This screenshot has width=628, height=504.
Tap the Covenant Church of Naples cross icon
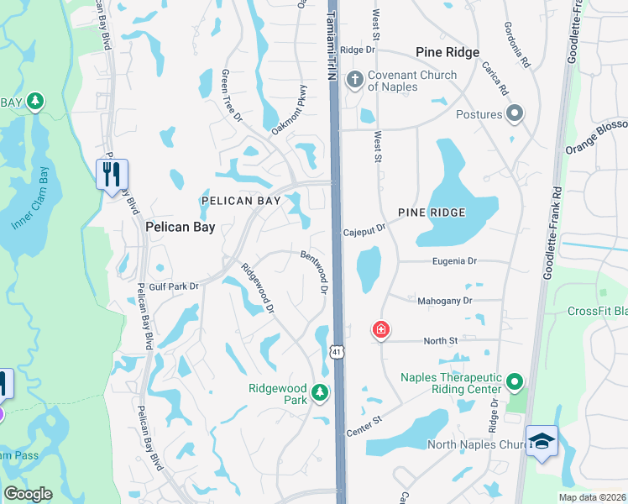click(x=355, y=81)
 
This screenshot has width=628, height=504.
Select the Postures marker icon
click(x=515, y=114)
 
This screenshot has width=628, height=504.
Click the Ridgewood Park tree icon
click(x=319, y=391)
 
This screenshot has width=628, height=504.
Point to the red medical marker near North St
click(x=381, y=329)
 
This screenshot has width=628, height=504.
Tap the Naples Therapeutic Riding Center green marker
click(x=515, y=383)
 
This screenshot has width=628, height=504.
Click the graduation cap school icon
click(x=542, y=440)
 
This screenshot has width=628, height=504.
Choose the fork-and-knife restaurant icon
click(x=112, y=174)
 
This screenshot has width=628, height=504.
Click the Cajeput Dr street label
click(x=364, y=228)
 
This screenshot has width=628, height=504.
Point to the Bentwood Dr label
click(x=313, y=271)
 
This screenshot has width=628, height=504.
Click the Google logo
click(x=28, y=494)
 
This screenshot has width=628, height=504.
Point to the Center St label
click(x=364, y=425)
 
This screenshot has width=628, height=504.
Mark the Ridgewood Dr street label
click(x=258, y=290)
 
